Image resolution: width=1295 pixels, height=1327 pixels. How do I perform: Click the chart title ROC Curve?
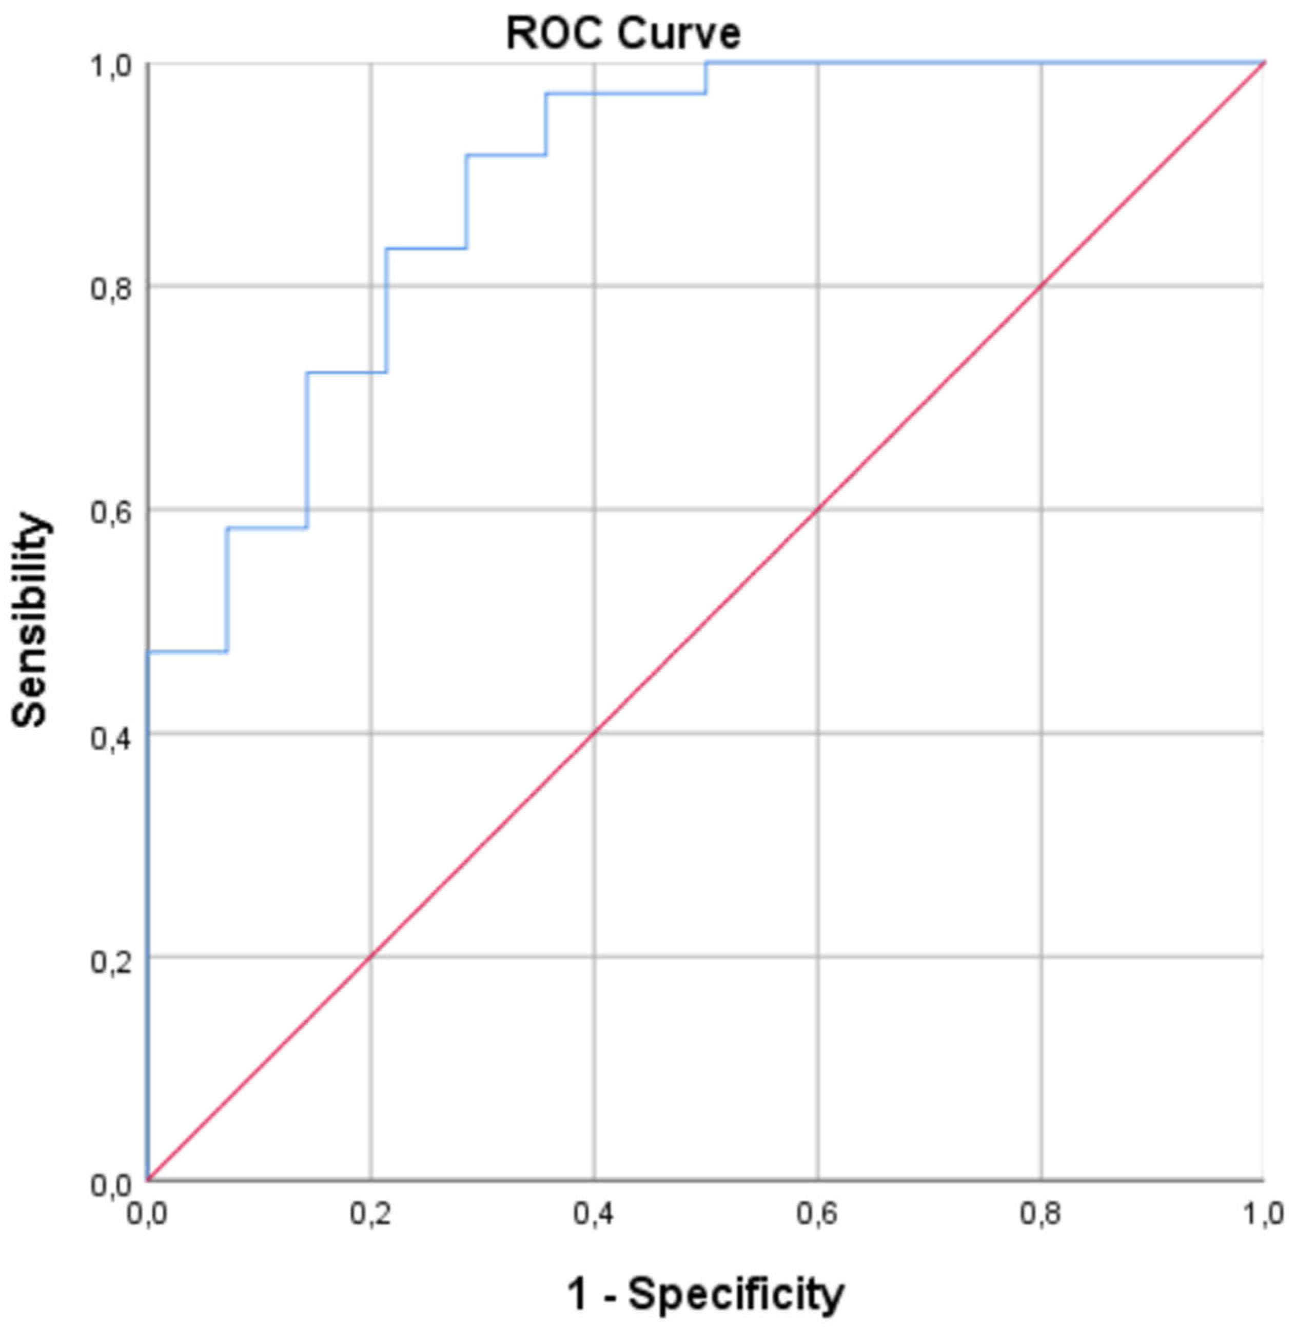point(623,34)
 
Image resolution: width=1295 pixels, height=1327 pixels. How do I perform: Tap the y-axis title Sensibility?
point(31,620)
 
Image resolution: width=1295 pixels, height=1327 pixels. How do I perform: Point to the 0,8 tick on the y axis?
point(112,289)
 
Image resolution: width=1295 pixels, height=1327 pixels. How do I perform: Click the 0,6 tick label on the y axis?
point(112,512)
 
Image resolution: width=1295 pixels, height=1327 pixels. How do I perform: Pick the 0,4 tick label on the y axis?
point(112,738)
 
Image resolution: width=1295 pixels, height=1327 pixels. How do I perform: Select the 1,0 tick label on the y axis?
point(112,66)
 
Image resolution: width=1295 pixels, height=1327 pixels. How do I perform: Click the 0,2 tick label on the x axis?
point(370,1215)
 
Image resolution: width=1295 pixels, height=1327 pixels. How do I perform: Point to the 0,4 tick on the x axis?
point(594,1215)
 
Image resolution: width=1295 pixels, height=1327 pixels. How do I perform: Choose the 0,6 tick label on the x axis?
point(817,1215)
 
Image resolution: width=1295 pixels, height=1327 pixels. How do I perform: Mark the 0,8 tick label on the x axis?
point(1041,1215)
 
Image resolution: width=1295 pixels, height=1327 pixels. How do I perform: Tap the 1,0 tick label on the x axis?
point(1264,1215)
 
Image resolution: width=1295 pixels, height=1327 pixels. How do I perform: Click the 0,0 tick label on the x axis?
point(148,1215)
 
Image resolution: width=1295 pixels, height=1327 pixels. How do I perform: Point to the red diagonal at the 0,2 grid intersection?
point(370,957)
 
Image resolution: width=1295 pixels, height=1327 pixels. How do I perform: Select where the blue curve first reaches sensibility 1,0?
point(706,63)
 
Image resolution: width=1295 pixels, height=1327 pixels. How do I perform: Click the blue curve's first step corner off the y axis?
point(226,652)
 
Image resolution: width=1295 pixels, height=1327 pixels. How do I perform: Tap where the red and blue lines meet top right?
point(1264,63)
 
